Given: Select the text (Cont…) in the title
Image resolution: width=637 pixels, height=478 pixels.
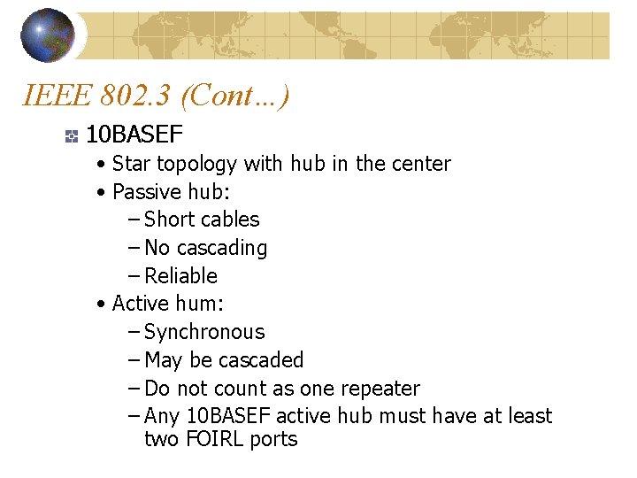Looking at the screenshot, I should point(240,96).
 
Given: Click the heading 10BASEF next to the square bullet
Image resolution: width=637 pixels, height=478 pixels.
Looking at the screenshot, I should point(134,135).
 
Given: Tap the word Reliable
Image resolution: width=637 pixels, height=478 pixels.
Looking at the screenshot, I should point(180,275).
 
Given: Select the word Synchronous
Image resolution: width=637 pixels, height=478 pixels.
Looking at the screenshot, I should point(204,332).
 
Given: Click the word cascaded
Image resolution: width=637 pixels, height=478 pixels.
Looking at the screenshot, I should point(261,360).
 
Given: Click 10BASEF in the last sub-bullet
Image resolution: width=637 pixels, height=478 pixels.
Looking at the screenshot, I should point(229,416).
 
